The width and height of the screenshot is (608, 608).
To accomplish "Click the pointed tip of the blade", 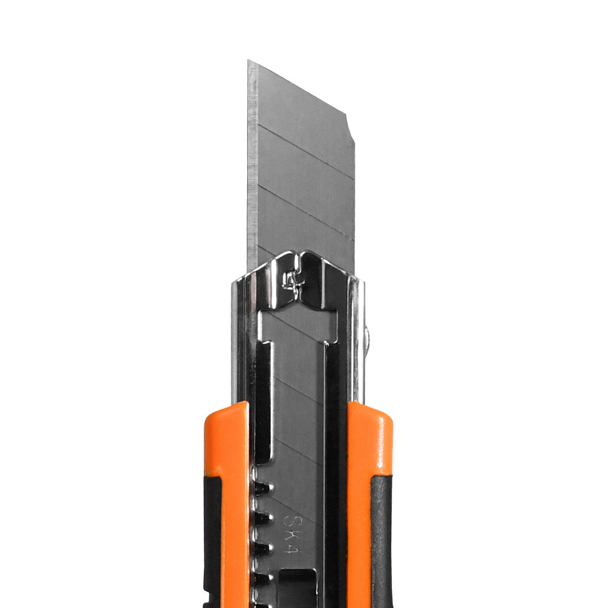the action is coord(248,60).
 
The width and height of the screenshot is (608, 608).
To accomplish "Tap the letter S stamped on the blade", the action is coord(290,521).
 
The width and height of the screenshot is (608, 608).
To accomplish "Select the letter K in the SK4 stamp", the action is coord(290,534).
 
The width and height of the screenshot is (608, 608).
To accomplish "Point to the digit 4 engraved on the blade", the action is coord(291,547).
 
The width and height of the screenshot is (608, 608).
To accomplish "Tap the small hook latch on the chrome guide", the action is coord(290,280).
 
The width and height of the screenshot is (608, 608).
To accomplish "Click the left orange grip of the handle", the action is coord(226,504).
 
